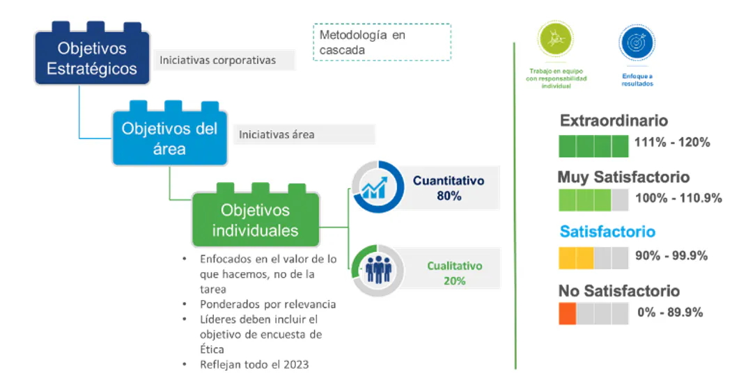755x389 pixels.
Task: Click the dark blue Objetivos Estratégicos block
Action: pos(92,55)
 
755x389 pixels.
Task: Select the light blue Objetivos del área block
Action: pos(169,135)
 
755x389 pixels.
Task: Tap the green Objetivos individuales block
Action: pos(255,217)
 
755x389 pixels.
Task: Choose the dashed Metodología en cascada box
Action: pos(382,42)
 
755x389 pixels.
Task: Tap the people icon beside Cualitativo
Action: pos(378,270)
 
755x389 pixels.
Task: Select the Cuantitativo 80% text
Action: pos(449,188)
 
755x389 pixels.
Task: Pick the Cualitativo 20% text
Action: pos(455,273)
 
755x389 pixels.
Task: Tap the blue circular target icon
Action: pos(637,42)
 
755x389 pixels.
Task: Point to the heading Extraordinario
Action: pos(614,120)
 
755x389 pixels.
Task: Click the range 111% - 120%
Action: pos(672,143)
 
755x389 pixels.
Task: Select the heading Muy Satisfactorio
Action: pos(623,177)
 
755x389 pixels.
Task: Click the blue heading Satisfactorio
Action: pos(607,232)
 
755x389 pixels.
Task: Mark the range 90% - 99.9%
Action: pos(671,256)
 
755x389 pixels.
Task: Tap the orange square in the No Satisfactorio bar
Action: pos(568,313)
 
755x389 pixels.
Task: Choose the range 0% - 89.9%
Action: pos(670,312)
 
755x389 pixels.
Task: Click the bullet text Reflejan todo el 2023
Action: pos(254,365)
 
